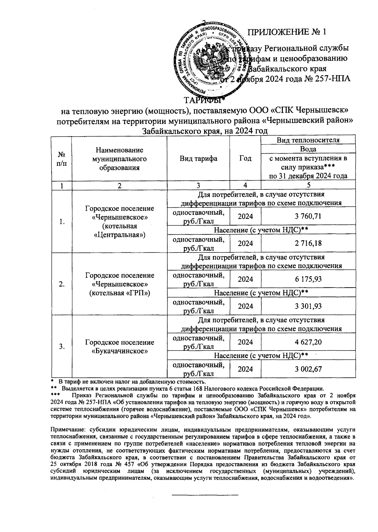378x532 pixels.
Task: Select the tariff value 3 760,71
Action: [308, 216]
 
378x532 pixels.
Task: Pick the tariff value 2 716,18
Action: [308, 243]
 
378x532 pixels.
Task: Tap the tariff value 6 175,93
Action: [308, 279]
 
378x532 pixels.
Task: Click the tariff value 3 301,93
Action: [308, 306]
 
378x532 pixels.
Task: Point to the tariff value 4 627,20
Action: [308, 342]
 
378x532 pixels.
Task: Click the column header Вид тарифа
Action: [198, 159]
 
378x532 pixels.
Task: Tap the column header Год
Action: [245, 159]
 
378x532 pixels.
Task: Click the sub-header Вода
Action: [308, 149]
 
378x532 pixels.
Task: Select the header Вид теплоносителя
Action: [308, 140]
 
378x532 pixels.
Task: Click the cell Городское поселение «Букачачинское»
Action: [120, 346]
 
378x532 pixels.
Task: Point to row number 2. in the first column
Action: [61, 284]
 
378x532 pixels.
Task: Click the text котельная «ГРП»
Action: [120, 293]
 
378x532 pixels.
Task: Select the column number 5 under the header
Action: [308, 186]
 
